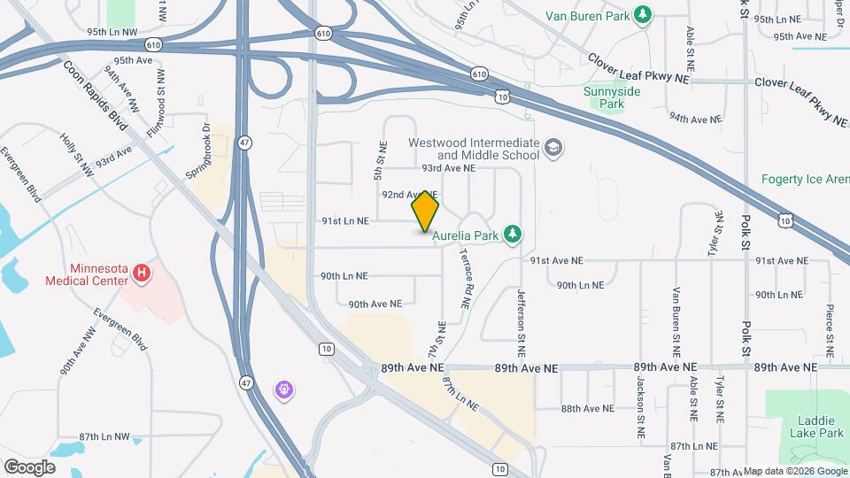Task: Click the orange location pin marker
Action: tap(426, 212)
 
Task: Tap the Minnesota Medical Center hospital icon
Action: tap(141, 275)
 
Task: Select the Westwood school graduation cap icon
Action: tap(553, 147)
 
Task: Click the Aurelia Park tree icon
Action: tap(511, 234)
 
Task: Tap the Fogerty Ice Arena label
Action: tap(805, 179)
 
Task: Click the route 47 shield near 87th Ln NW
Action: tap(245, 382)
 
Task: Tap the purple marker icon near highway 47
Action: tap(283, 389)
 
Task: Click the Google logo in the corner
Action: tap(29, 466)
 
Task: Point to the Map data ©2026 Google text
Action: tap(795, 471)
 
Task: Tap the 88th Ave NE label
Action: tap(587, 408)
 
